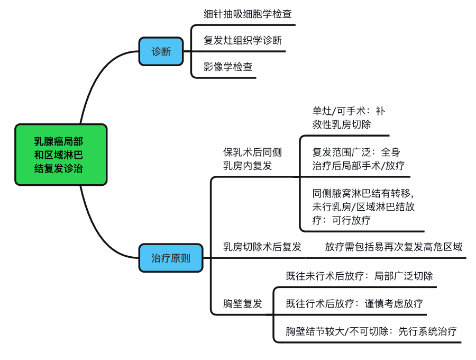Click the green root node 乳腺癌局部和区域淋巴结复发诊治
[x=61, y=155]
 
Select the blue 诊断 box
[x=161, y=51]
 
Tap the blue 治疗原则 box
[x=170, y=258]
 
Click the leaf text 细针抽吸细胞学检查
[x=248, y=14]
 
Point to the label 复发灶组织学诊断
[x=243, y=40]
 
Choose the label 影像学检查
[x=228, y=67]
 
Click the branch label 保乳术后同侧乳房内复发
[x=252, y=159]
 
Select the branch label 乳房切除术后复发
[x=262, y=247]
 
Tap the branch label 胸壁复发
[x=243, y=303]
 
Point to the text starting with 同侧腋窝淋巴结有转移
[x=363, y=206]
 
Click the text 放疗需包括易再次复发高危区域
[x=393, y=247]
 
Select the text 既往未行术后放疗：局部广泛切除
[x=359, y=276]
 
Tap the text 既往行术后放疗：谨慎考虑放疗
[x=354, y=303]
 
